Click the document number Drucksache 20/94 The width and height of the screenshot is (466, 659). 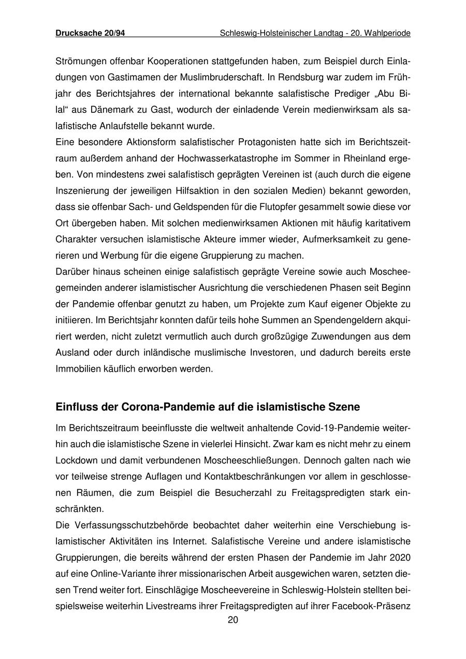[90, 33]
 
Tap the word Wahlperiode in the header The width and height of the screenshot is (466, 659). [388, 33]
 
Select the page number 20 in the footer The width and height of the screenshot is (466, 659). [233, 620]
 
